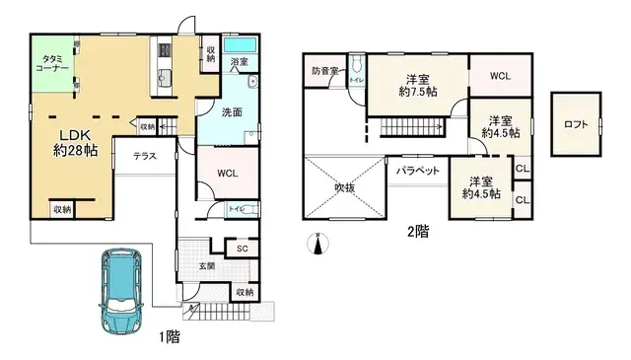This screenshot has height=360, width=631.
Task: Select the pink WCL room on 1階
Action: (x=228, y=174)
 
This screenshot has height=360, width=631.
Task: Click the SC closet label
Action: (x=242, y=249)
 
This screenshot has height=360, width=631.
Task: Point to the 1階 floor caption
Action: (x=169, y=336)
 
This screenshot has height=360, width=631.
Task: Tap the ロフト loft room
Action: (x=577, y=124)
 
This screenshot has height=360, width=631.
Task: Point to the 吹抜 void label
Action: (x=342, y=186)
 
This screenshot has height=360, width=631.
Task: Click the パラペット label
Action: (x=417, y=171)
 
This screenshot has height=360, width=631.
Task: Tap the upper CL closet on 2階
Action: (x=523, y=169)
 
